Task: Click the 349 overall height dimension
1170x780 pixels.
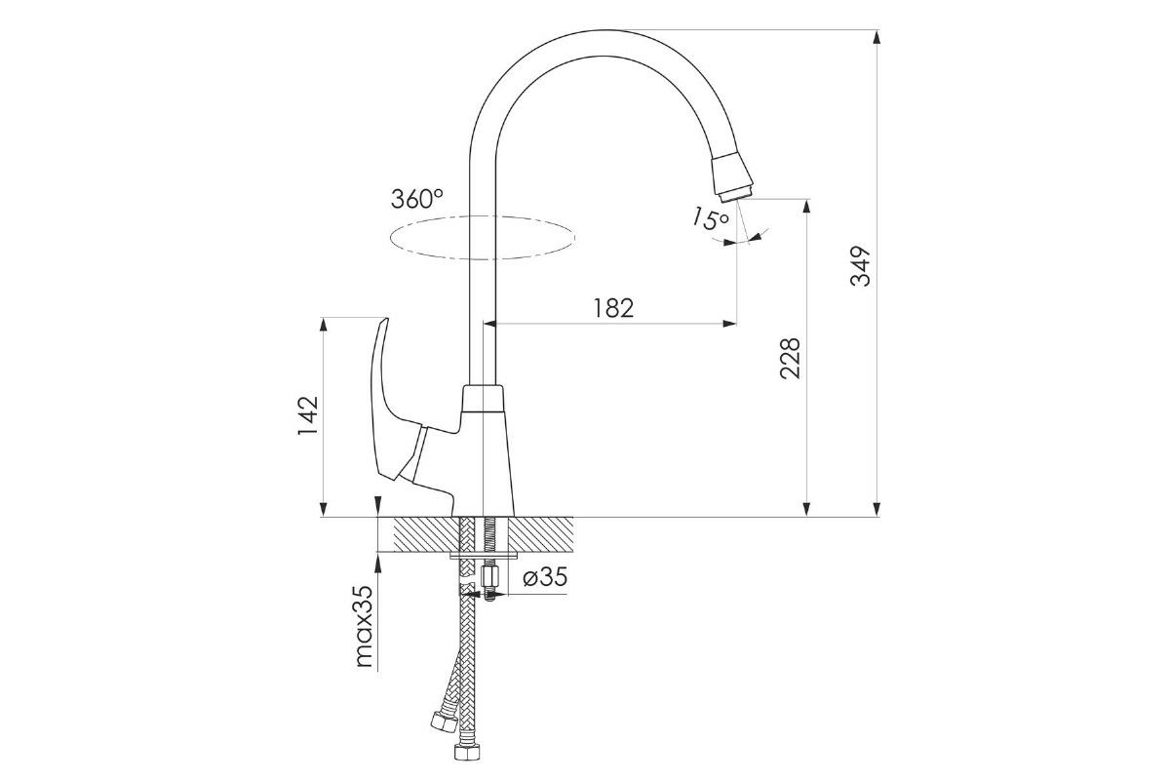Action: (x=860, y=266)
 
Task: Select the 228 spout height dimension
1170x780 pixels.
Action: (x=790, y=359)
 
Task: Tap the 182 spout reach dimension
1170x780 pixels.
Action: (x=613, y=308)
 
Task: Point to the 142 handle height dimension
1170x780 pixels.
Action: (x=308, y=416)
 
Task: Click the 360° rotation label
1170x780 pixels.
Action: (x=417, y=199)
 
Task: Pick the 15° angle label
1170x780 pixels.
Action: (x=711, y=219)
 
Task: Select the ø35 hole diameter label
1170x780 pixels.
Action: (x=545, y=577)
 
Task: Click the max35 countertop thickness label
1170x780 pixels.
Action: (x=364, y=625)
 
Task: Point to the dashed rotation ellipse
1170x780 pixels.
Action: (x=482, y=238)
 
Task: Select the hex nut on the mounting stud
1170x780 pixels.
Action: (x=489, y=578)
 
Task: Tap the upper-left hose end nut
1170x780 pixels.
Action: (x=445, y=721)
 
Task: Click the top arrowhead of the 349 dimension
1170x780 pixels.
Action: (x=877, y=38)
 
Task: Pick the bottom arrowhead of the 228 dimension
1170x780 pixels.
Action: (x=806, y=508)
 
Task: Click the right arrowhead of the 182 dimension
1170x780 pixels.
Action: (x=729, y=324)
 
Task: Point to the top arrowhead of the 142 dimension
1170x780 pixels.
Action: (x=324, y=325)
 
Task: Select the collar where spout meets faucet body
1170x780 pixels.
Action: (x=484, y=399)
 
